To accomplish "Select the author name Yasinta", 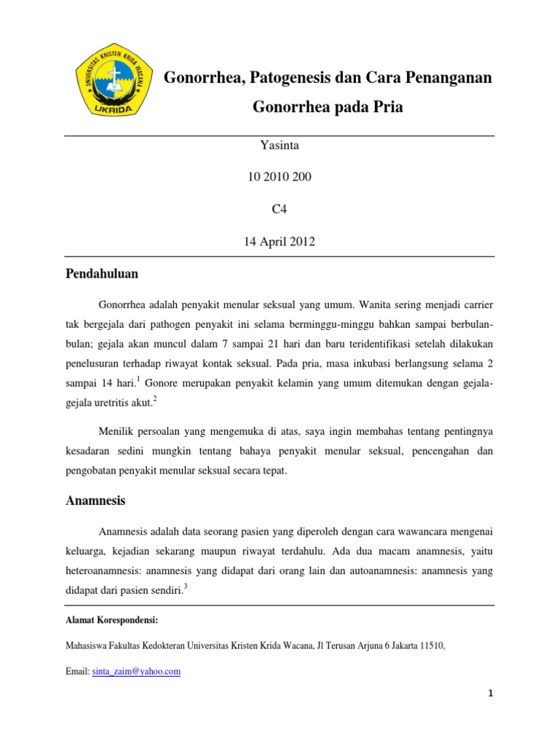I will pos(279,145).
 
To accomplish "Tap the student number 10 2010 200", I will pos(279,177).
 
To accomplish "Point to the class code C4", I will pos(279,209).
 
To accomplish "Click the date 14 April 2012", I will pos(279,242).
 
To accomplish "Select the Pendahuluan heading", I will pos(101,275).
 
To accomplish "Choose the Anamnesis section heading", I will pos(95,500).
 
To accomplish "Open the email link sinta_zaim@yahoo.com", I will pos(136,672).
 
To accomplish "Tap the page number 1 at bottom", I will pos(491,693).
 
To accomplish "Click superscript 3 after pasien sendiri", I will pos(186,589).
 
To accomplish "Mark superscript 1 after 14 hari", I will pos(138,380).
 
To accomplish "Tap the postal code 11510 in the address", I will pos(429,645).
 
